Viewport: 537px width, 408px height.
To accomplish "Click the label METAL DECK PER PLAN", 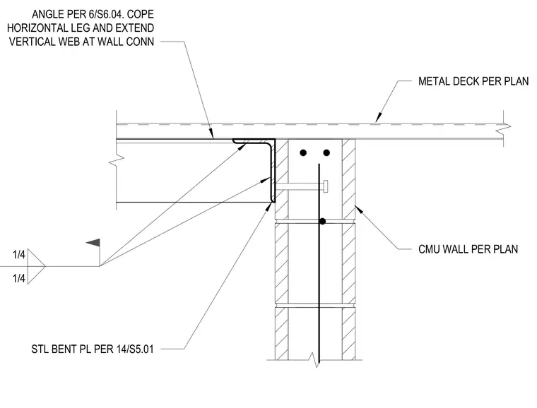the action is click(x=473, y=81).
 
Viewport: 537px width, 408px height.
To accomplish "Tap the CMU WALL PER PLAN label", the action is click(x=468, y=249).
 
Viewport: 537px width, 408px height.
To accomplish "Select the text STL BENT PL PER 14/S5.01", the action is click(x=93, y=349).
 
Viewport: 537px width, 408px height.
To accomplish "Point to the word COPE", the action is click(x=141, y=14).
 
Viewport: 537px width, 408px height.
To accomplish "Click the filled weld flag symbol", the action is click(x=93, y=243).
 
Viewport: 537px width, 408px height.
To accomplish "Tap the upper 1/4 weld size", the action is click(x=19, y=254).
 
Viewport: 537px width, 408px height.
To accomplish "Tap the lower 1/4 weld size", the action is click(x=19, y=278).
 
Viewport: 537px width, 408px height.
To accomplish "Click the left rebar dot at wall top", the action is click(x=303, y=152).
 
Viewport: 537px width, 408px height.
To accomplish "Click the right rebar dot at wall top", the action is click(x=326, y=152).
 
